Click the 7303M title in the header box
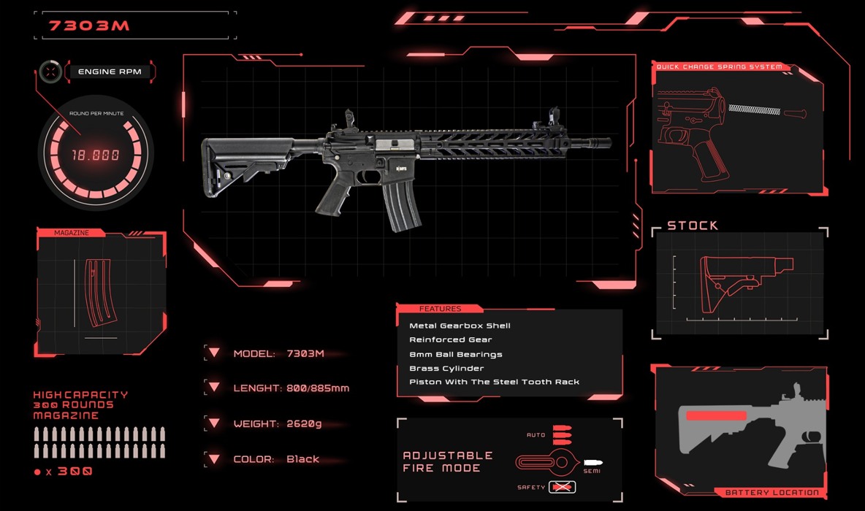89,26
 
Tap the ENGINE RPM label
110,72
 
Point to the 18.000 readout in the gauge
96,155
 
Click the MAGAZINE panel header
71,233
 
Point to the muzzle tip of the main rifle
609,143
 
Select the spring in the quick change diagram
754,109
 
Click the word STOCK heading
693,226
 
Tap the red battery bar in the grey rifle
716,415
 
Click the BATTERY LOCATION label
771,492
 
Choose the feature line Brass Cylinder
446,368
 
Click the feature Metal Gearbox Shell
460,326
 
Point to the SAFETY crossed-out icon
562,488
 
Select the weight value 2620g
304,423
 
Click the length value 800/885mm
318,388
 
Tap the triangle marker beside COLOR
214,458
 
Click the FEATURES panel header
440,309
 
